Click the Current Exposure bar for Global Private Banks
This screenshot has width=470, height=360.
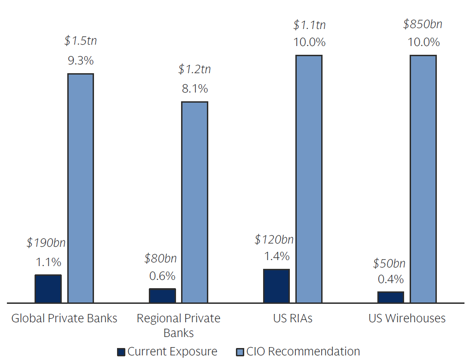click(48, 289)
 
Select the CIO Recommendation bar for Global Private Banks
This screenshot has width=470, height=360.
click(81, 188)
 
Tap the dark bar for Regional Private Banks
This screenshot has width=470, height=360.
click(162, 296)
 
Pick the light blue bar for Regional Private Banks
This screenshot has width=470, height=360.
click(194, 202)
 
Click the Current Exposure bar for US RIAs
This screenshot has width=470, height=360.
click(276, 286)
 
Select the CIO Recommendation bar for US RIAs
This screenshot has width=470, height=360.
click(309, 179)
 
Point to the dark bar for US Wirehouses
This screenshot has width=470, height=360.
click(391, 297)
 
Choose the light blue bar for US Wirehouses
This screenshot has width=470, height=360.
click(423, 179)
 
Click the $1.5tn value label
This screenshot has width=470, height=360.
click(81, 41)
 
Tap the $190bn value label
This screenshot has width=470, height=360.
click(48, 243)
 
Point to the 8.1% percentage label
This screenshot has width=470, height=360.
click(194, 88)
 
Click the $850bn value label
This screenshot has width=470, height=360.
click(423, 24)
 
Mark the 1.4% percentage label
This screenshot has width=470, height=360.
click(276, 256)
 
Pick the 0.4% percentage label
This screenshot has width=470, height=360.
click(391, 279)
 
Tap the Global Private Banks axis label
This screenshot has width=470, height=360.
click(64, 318)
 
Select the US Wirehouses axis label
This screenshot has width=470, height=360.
click(407, 318)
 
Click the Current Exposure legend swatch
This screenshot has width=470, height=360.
click(121, 352)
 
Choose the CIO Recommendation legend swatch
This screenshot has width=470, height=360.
click(240, 352)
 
